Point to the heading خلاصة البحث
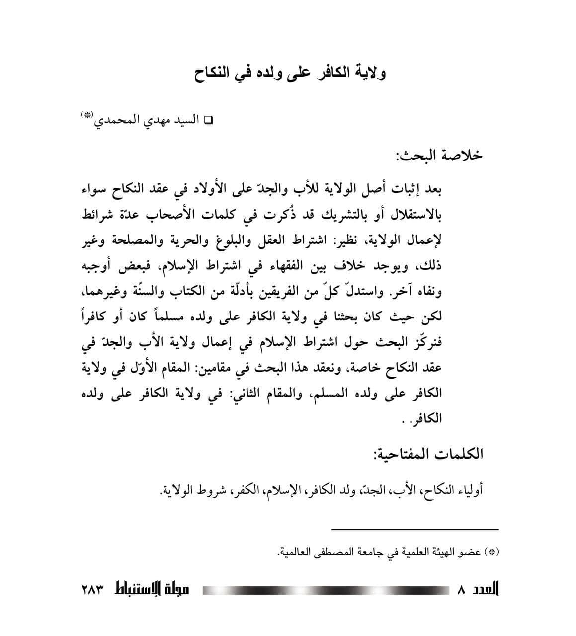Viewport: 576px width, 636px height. click(439, 156)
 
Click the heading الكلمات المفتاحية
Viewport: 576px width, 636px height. click(428, 454)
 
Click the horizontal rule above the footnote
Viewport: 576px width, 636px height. click(414, 529)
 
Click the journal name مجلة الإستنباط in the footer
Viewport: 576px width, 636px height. click(151, 590)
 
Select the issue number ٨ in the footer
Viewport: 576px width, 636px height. click(462, 591)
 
